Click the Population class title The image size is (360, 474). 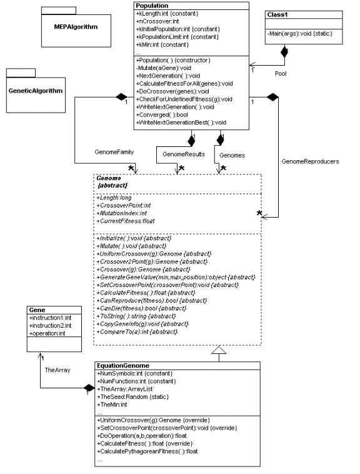point(151,6)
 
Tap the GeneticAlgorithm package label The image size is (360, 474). point(36,91)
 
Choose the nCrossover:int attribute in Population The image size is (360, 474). point(154,21)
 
